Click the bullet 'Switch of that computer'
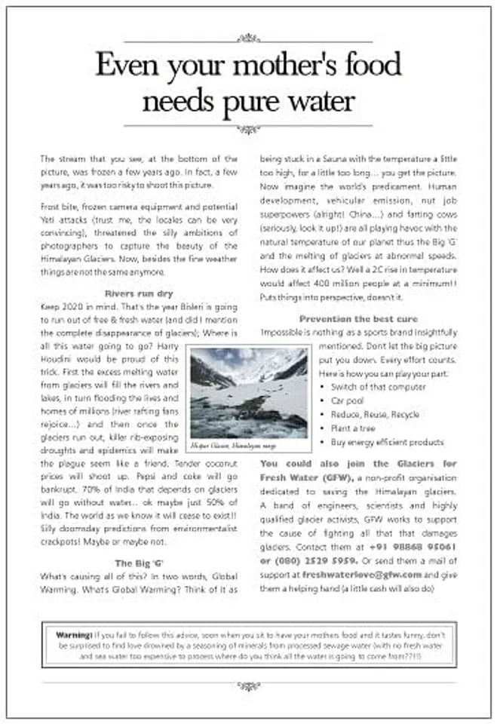pyautogui.click(x=374, y=387)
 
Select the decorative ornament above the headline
pyautogui.click(x=248, y=38)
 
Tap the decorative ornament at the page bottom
pyautogui.click(x=248, y=686)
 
